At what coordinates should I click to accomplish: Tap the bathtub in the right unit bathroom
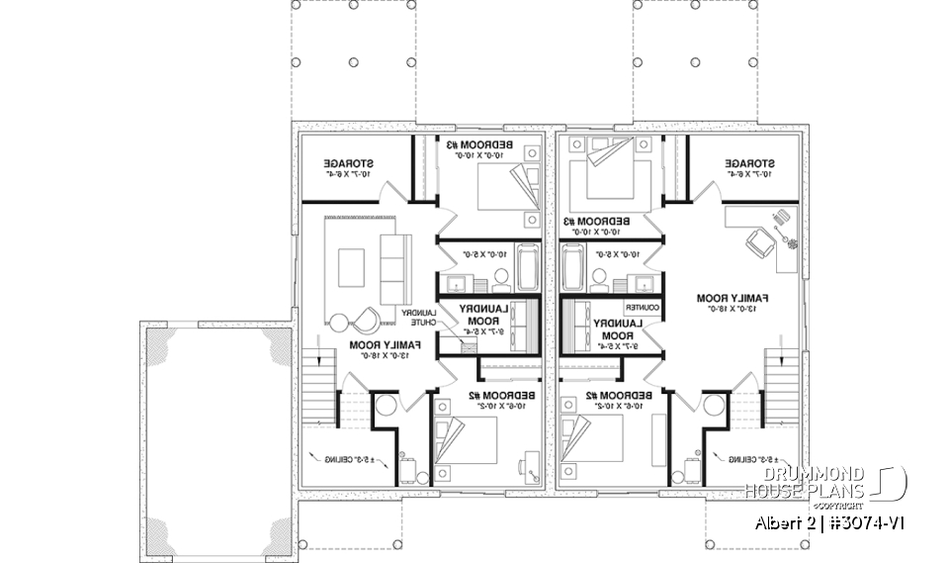click(574, 266)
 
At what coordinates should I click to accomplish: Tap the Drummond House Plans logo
click(825, 483)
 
